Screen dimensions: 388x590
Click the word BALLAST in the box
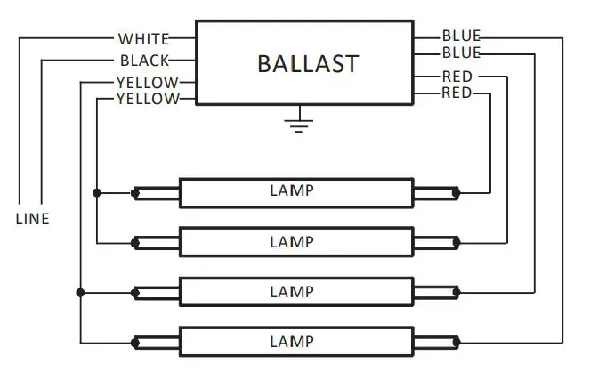point(307,63)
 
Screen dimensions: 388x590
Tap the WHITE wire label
point(142,39)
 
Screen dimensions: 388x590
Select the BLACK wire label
point(144,61)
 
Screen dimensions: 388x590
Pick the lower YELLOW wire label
point(147,99)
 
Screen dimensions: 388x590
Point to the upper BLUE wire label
point(461,36)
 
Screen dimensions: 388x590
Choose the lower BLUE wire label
point(461,53)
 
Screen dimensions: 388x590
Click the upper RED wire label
point(457,77)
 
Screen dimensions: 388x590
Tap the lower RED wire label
point(457,93)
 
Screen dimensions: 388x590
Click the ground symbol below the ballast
point(300,122)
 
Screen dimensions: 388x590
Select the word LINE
point(32,219)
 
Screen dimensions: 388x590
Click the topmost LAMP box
point(296,191)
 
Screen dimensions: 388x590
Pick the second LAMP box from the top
point(296,241)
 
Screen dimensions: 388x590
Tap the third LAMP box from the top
point(296,292)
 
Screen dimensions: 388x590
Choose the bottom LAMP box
point(296,342)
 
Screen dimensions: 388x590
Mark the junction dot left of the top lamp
point(97,191)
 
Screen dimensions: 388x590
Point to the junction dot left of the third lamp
point(81,292)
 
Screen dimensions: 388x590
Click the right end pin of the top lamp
point(457,191)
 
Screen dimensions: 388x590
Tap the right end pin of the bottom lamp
point(457,342)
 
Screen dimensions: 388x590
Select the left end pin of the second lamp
point(135,241)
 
